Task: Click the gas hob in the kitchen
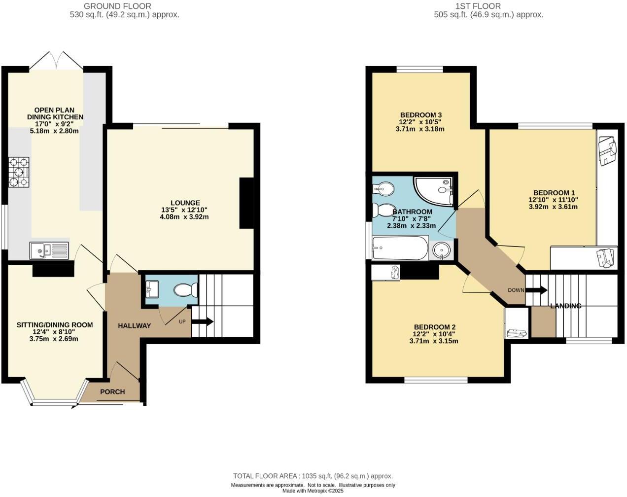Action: click(19, 172)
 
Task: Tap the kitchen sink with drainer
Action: click(49, 250)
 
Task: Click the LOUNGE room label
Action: click(185, 203)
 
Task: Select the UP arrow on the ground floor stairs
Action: click(202, 322)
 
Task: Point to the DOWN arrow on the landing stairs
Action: click(536, 290)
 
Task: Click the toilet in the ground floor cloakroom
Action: click(185, 290)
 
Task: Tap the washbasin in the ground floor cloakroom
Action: click(151, 289)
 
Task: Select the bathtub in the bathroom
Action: click(400, 248)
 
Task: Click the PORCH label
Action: click(112, 392)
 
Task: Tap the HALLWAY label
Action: click(134, 326)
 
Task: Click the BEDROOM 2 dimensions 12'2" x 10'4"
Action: click(434, 334)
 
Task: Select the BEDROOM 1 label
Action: click(554, 193)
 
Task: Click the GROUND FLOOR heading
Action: click(117, 6)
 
